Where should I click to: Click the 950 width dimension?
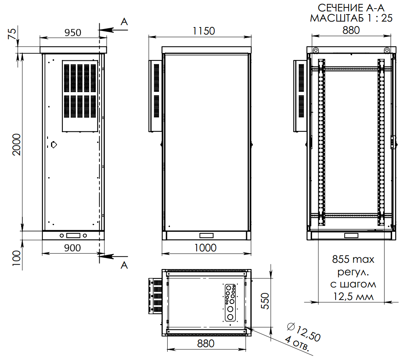point(73,33)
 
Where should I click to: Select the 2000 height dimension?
point(17,144)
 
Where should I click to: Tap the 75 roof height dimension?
point(12,34)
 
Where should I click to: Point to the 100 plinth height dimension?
point(17,258)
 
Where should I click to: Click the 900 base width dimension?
point(73,248)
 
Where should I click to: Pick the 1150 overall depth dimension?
point(204,31)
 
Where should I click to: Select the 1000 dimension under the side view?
point(205,248)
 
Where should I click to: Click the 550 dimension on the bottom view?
point(265,301)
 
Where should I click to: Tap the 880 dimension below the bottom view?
point(206,344)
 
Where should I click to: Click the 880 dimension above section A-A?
point(351,30)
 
